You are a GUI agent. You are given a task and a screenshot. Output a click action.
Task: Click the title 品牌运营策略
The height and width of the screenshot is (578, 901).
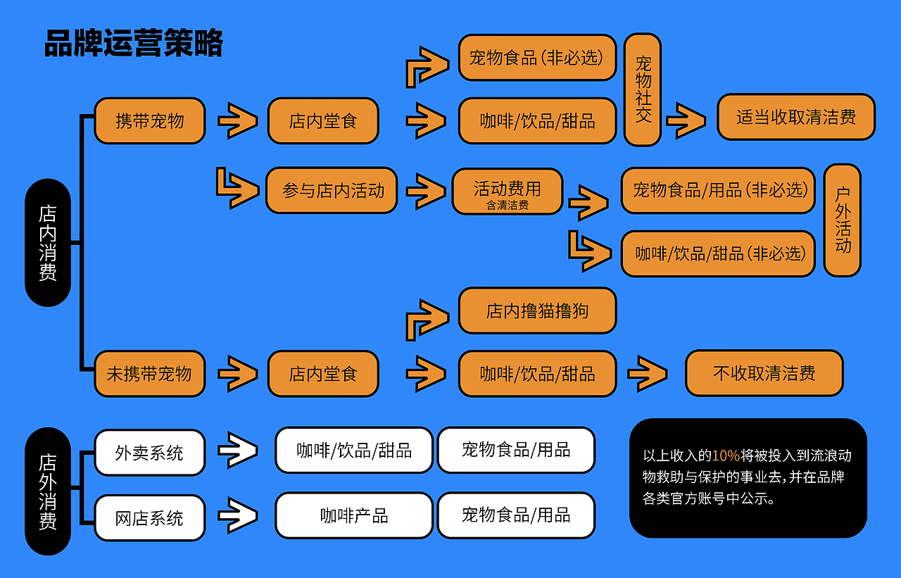133,44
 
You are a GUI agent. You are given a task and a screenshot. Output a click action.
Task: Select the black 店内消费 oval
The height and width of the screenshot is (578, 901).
48,243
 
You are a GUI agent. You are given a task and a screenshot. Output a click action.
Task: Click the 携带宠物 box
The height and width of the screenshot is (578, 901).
150,121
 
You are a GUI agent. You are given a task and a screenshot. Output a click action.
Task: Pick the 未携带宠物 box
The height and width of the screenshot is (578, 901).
150,374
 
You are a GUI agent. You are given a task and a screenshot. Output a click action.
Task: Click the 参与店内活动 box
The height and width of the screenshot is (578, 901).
332,191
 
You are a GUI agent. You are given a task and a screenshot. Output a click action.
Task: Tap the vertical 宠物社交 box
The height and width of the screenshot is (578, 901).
643,90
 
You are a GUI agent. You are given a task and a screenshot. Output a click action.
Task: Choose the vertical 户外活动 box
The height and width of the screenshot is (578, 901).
843,220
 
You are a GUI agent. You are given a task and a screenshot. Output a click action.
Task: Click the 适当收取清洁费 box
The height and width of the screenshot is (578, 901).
796,117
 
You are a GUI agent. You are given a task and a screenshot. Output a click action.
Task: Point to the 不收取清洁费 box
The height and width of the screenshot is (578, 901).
764,373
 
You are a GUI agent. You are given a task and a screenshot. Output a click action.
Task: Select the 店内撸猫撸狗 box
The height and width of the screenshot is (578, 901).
537,310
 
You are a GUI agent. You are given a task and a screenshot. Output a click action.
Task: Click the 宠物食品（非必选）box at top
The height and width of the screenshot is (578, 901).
537,58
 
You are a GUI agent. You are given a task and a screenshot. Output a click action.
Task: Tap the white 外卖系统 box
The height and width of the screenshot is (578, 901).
150,453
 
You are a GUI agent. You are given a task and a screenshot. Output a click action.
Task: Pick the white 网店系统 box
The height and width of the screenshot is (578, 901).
150,518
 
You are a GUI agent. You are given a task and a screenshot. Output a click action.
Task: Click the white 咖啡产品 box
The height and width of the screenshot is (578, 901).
353,516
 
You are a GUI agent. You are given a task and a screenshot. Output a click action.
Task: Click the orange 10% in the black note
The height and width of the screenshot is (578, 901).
726,456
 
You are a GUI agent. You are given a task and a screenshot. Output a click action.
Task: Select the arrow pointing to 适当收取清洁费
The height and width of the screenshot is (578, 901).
686,120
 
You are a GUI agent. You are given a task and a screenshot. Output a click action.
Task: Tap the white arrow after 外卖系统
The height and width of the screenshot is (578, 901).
238,451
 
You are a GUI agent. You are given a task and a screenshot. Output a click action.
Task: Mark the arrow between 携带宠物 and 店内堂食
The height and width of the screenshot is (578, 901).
238,121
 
